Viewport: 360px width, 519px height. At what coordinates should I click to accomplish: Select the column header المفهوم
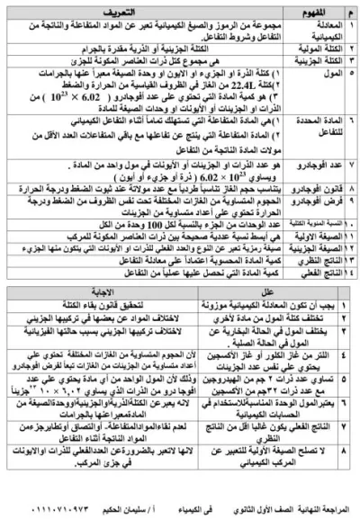tap(319, 12)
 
